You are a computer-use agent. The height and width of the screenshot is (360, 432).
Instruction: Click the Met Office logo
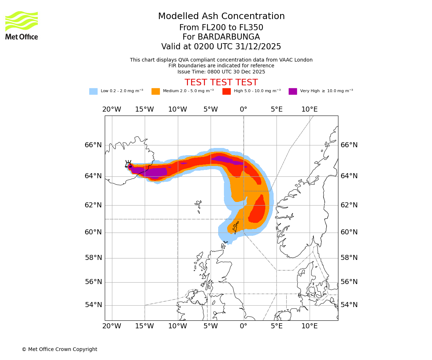pos(22,25)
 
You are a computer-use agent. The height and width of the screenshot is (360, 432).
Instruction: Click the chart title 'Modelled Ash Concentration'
pos(221,16)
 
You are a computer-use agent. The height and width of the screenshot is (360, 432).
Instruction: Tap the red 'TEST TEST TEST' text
pos(221,82)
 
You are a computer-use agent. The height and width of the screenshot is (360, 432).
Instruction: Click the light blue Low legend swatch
pos(93,91)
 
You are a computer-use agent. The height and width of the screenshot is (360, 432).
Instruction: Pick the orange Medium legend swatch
pos(156,91)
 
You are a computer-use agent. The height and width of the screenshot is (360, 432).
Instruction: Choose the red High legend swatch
pos(226,91)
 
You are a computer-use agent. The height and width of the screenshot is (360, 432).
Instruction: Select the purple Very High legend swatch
pos(293,91)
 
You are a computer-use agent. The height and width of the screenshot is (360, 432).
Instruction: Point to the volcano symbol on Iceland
pos(128,164)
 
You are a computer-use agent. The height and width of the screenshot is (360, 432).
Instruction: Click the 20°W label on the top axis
pos(112,109)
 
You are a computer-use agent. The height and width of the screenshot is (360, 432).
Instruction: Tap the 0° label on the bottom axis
pos(244,326)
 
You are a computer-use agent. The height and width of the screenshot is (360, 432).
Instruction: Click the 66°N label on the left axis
pos(93,145)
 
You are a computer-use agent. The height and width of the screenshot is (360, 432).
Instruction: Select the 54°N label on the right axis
pos(349,305)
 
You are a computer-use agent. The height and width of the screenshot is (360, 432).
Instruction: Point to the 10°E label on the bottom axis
pos(310,326)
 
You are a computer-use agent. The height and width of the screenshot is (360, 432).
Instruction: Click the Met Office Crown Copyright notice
pos(59,349)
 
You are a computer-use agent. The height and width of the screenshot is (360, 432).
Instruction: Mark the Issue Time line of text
pos(221,72)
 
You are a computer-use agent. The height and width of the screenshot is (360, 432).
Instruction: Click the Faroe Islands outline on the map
pos(198,206)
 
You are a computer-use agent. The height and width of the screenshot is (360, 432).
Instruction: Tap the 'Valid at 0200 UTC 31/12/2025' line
pos(221,46)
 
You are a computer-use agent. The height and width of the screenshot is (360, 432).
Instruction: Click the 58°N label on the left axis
pos(93,258)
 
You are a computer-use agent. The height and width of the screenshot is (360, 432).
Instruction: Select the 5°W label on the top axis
pos(211,109)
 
